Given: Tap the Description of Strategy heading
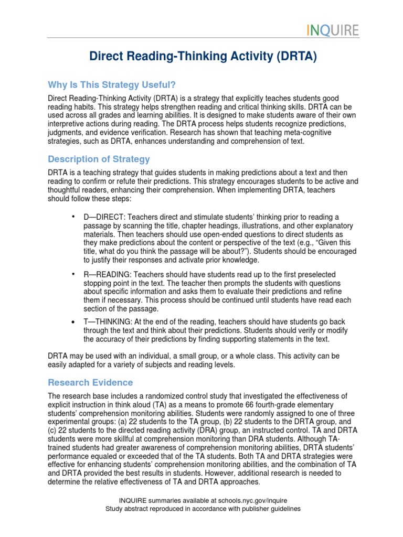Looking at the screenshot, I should coord(99,159).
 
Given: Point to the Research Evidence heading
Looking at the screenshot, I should coord(90,382).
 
